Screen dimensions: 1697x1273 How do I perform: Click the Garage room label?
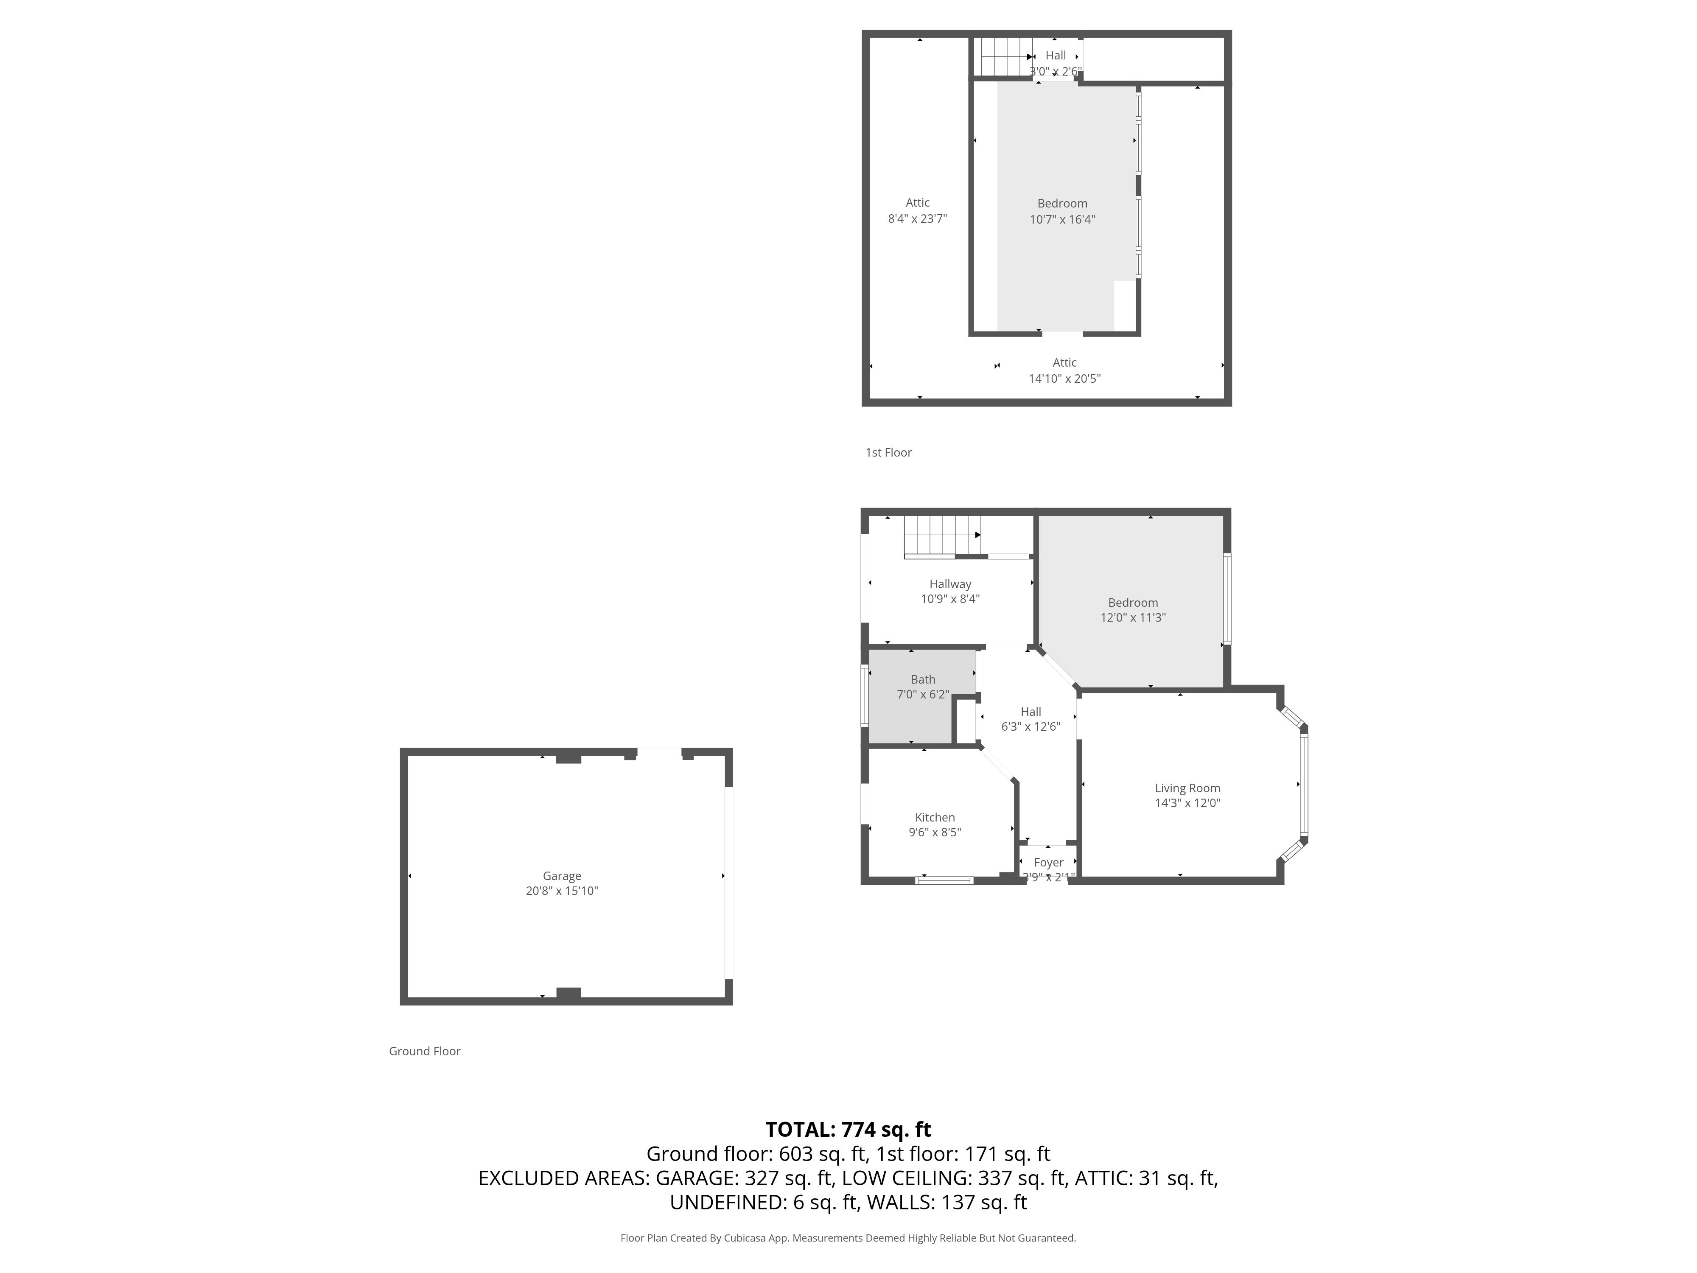click(x=562, y=875)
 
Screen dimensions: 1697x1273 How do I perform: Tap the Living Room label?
click(x=1187, y=788)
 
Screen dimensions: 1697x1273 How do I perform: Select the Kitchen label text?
click(x=935, y=817)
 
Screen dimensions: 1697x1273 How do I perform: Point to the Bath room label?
click(x=923, y=679)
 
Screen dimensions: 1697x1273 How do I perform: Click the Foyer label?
click(x=1049, y=863)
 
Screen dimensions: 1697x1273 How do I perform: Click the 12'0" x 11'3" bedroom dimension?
click(x=1133, y=617)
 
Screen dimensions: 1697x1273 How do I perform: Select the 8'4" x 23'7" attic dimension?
click(x=918, y=219)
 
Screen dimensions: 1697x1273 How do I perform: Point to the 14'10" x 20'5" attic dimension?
click(x=1065, y=379)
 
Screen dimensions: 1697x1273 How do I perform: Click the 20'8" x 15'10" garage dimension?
click(x=562, y=891)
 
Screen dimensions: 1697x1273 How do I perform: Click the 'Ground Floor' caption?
click(x=424, y=1051)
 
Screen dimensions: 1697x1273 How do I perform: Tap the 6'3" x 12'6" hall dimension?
click(x=1031, y=726)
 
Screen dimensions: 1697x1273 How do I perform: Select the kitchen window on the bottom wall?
click(x=944, y=880)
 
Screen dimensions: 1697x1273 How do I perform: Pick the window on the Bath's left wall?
click(x=865, y=696)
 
